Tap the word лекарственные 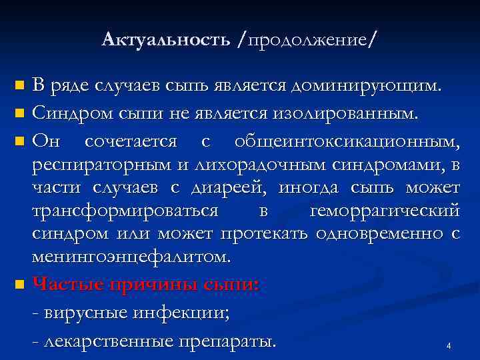coord(107,341)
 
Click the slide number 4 coord(449,346)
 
